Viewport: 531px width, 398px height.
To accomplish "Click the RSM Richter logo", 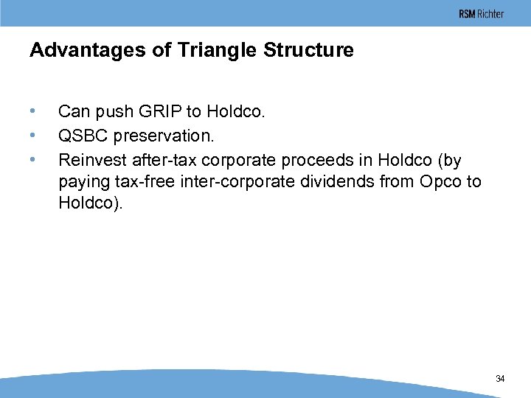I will [481, 14].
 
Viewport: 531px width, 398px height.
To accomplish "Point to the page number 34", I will [500, 379].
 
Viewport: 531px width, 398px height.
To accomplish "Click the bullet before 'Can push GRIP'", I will [32, 112].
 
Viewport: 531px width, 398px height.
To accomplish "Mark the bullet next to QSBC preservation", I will [32, 136].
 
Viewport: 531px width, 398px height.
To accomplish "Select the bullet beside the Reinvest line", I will [32, 160].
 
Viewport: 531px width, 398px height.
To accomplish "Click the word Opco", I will [429, 181].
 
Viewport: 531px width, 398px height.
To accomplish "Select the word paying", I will [80, 182].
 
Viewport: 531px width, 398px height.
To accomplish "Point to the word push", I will [108, 112].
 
